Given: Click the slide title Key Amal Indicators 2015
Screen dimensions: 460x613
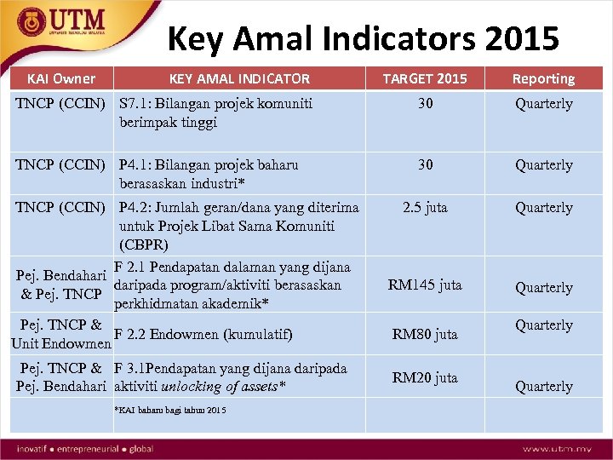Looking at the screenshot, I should pos(364,38).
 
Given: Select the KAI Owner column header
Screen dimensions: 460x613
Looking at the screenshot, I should pos(61,78).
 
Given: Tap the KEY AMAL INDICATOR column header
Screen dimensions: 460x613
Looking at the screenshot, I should pos(239,78).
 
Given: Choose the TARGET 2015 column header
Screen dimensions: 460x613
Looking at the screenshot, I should pos(424,78).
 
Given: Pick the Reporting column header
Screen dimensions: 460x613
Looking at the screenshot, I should pos(543,78).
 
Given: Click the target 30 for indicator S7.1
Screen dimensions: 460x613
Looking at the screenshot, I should pos(424,104).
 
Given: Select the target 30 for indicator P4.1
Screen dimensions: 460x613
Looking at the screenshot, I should pos(424,165).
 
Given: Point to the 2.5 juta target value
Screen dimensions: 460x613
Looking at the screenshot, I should pos(424,208).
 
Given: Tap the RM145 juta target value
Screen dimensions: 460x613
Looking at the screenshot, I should pos(424,285).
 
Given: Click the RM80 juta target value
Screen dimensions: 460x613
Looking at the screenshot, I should pos(424,335).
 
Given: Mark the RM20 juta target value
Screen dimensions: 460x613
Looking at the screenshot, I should pos(424,377).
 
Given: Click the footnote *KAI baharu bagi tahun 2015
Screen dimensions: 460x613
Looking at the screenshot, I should pos(170,411).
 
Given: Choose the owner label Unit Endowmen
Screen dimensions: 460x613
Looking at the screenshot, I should pos(60,344).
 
